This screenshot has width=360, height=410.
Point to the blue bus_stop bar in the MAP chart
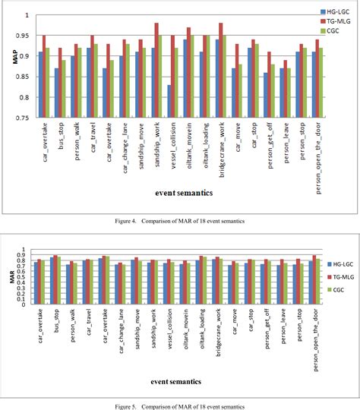[x=57, y=93]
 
